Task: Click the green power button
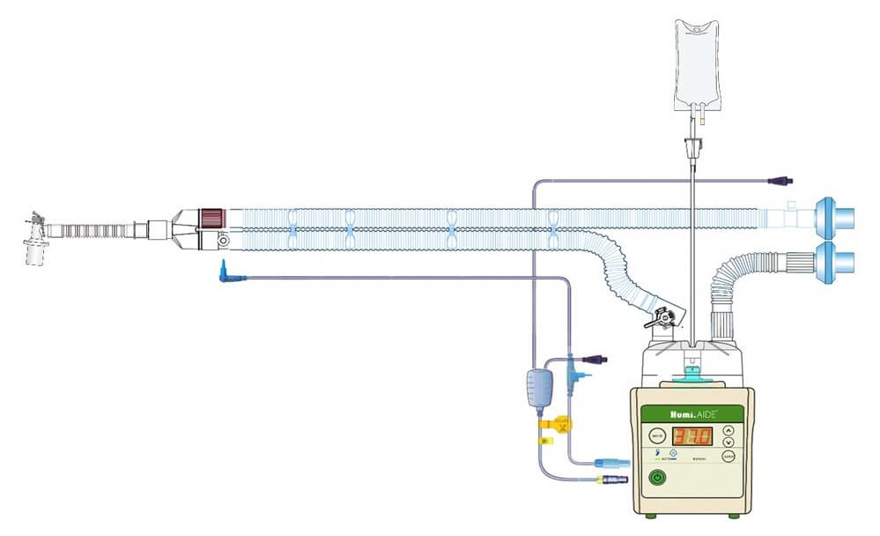655,479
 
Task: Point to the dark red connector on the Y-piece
211,218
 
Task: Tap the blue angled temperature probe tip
226,275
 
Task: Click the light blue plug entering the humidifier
607,462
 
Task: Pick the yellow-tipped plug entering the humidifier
607,480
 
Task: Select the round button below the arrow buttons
728,456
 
